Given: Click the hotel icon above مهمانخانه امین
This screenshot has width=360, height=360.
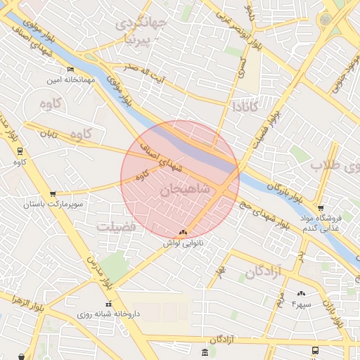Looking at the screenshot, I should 70,69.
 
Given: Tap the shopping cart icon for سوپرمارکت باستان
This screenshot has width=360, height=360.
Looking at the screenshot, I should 53,193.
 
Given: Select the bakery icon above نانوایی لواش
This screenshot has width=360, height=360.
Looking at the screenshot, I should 184,231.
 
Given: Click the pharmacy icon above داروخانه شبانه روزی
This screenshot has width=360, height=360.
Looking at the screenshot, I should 108,304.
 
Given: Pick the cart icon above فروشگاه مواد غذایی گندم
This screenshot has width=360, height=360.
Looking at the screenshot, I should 321,208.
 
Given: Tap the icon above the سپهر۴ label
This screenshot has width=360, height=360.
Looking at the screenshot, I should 302,293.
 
